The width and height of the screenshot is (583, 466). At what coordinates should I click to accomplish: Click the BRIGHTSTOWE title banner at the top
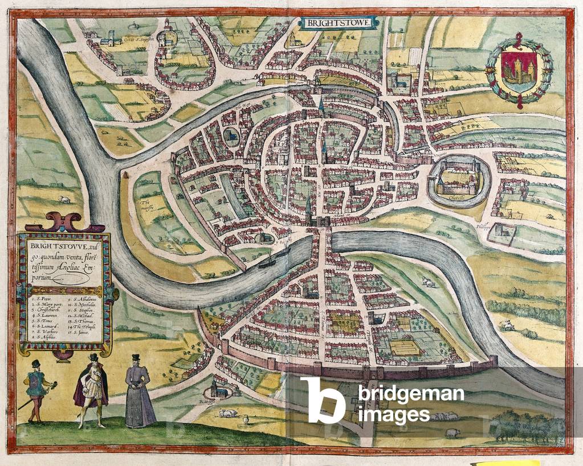click(x=339, y=23)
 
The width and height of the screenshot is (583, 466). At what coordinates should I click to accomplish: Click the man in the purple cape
click(x=91, y=390)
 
